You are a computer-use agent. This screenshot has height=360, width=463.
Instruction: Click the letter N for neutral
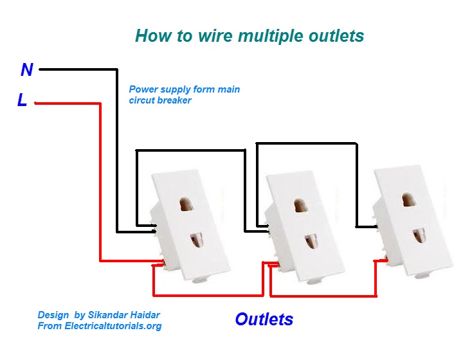tap(27, 69)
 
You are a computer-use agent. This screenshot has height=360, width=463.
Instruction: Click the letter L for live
tap(23, 101)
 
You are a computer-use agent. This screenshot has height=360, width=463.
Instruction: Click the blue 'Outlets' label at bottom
tap(264, 319)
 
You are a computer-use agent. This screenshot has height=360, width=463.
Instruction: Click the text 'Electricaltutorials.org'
tap(113, 326)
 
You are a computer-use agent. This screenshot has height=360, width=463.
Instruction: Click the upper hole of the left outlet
tap(188, 205)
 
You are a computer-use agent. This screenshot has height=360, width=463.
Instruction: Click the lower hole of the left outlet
tap(195, 244)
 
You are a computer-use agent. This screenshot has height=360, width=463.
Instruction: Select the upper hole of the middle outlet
tap(300, 206)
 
